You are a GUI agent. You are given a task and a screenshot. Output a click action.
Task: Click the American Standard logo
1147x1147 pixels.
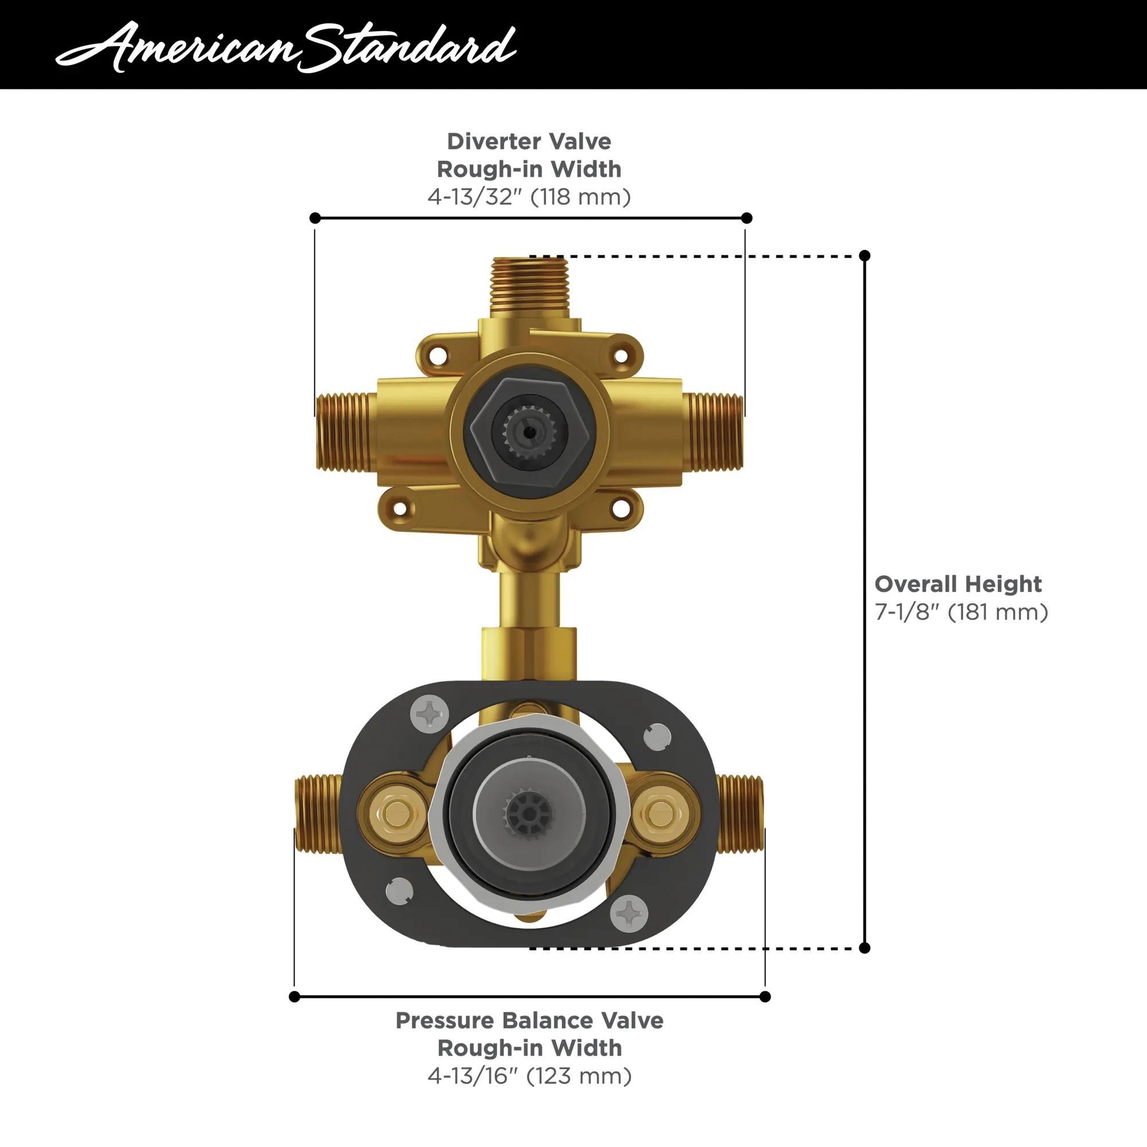[285, 46]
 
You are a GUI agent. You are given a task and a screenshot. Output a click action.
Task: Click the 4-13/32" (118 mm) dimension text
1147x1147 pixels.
[529, 197]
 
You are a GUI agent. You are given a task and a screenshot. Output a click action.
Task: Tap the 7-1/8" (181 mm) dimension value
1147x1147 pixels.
[961, 611]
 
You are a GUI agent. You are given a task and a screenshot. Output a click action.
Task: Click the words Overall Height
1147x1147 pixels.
[958, 584]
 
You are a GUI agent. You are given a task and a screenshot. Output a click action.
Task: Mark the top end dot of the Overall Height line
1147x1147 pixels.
[864, 256]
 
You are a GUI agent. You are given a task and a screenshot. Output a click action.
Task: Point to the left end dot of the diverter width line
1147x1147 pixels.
[315, 218]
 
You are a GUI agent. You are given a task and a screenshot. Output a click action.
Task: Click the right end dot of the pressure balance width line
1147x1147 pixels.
[764, 996]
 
